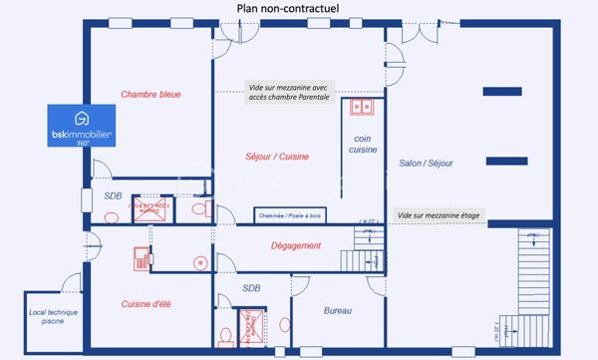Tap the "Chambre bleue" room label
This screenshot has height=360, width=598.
pos(150,95)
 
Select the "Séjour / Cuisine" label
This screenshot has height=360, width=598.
pos(277,157)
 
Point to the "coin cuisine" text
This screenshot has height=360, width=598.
pos(363,144)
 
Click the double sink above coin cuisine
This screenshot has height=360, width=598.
pos(358,106)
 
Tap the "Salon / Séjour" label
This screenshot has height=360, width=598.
pos(426,163)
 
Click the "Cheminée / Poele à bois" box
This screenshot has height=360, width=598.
pos(287,214)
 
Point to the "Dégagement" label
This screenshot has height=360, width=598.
pos(296,245)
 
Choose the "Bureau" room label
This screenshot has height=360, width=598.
pos(338,311)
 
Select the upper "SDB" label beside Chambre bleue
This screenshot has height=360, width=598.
pos(113,196)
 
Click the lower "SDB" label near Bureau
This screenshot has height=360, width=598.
pos(251,288)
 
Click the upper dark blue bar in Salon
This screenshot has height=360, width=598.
pos(501,92)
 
